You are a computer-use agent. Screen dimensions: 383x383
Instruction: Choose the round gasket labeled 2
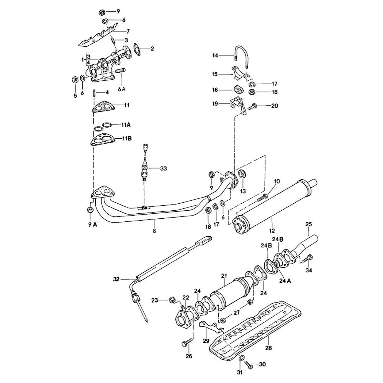136,48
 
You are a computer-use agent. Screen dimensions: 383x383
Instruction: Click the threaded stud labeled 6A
120,72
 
